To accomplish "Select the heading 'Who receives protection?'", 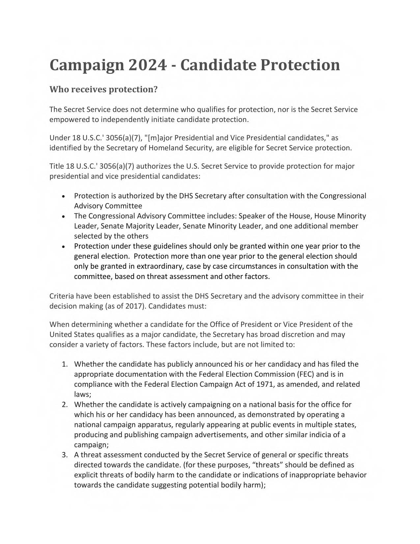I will tap(103, 89).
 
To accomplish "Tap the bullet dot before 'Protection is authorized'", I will tap(63, 196).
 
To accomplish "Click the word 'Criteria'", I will tap(62, 296).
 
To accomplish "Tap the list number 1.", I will tap(65, 364).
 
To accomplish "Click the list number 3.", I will tap(65, 455).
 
